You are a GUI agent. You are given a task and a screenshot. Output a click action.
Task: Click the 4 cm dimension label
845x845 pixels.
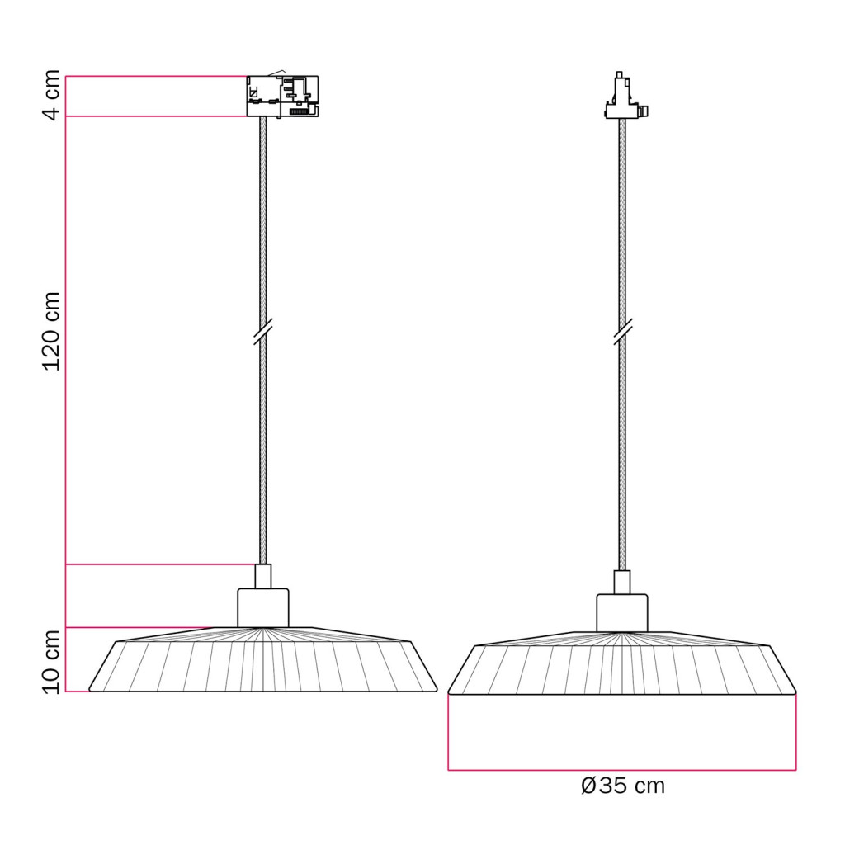point(52,95)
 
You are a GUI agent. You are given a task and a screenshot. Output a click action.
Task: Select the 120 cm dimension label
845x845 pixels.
point(52,331)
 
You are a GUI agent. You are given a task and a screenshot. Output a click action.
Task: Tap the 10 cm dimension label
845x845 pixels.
point(52,663)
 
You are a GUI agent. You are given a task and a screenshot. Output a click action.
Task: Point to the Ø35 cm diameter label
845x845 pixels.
point(623,786)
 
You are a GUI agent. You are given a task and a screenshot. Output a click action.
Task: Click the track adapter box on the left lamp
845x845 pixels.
point(282,96)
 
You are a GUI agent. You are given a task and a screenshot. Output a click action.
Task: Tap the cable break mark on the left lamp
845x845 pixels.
point(263,332)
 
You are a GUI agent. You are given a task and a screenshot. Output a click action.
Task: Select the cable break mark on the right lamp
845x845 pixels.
point(623,332)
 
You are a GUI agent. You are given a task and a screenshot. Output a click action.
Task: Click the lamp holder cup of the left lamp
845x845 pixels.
point(263,608)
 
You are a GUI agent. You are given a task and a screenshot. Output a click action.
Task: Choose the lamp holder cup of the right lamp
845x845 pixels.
point(622,613)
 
